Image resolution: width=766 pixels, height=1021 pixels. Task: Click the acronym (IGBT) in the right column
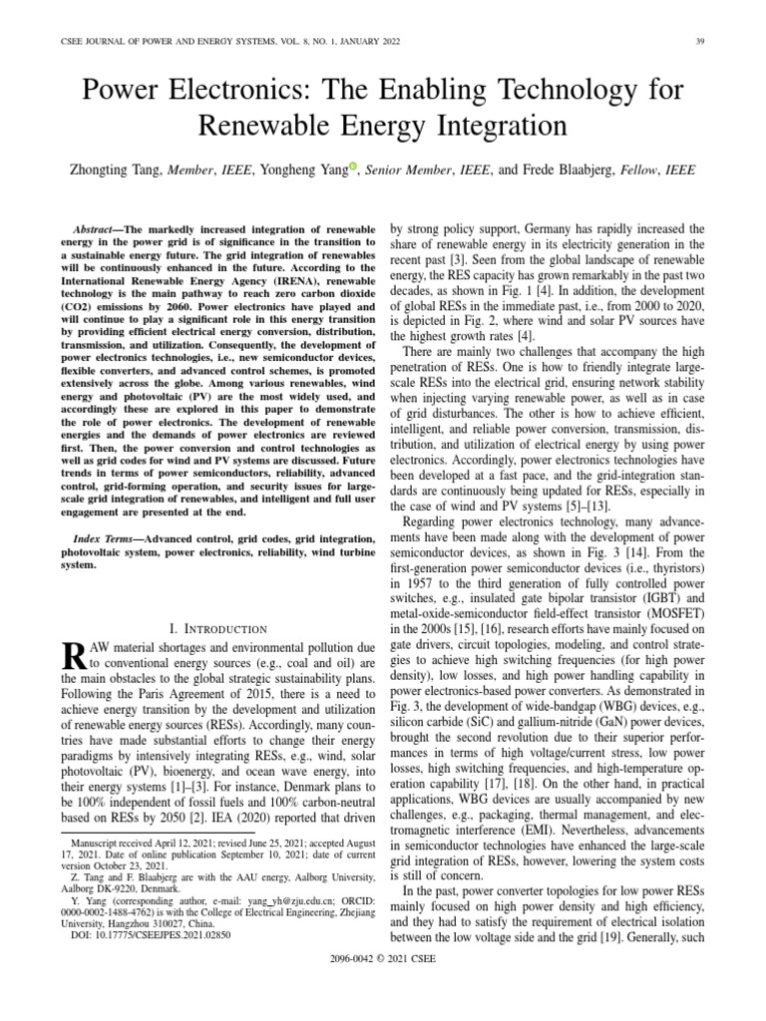tap(660, 599)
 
